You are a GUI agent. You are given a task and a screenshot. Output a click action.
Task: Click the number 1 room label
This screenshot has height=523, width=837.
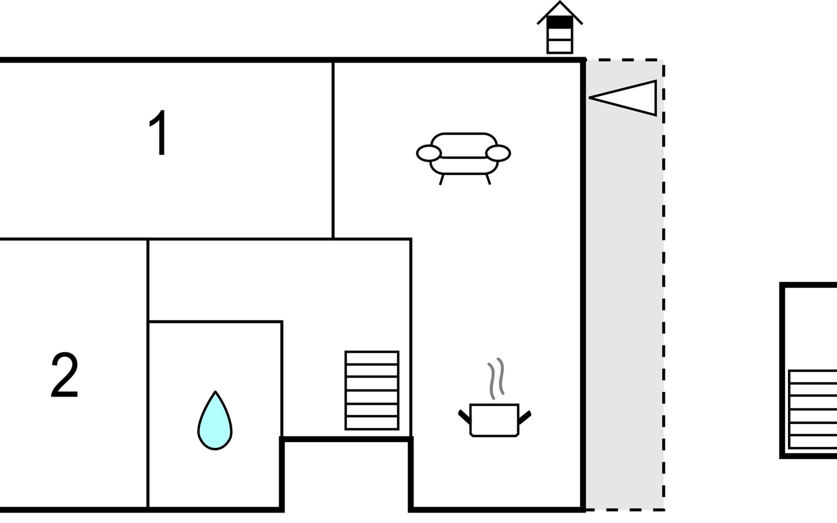point(159,132)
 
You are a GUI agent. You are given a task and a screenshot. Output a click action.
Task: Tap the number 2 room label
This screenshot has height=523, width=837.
point(65,375)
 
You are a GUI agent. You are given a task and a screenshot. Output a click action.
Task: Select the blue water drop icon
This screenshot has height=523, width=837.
point(215,421)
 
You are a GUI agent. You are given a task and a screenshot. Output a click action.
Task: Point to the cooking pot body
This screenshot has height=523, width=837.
point(494,420)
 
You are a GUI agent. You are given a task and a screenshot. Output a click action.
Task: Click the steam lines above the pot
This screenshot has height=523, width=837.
point(496,378)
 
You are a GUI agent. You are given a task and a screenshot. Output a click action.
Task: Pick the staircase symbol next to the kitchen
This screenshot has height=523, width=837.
point(372,391)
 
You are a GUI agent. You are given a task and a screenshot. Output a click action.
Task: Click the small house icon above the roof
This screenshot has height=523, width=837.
point(560,27)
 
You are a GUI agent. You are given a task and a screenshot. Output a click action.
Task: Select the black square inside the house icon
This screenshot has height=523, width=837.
point(560,22)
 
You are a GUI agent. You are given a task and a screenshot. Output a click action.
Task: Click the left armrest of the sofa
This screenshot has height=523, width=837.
point(429,153)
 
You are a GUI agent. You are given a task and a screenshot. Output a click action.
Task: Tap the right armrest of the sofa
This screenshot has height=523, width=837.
point(498,153)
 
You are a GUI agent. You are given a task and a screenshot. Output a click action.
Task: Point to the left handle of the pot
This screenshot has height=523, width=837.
point(465,417)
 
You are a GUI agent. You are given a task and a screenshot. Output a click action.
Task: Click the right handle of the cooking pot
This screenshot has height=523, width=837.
point(524,417)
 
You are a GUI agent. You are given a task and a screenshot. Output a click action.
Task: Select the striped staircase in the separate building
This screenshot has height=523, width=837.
point(813,409)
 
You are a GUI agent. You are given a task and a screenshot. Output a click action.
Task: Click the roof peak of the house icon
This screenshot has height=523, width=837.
point(560,2)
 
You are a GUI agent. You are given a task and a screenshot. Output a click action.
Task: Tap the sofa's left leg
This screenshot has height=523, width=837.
point(442,180)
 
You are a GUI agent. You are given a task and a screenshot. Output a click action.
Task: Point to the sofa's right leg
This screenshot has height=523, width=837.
point(488,180)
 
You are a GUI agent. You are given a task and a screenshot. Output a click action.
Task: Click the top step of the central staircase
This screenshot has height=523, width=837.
point(372,358)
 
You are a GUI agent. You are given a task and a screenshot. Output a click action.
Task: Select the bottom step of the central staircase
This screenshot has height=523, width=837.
point(372,423)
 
